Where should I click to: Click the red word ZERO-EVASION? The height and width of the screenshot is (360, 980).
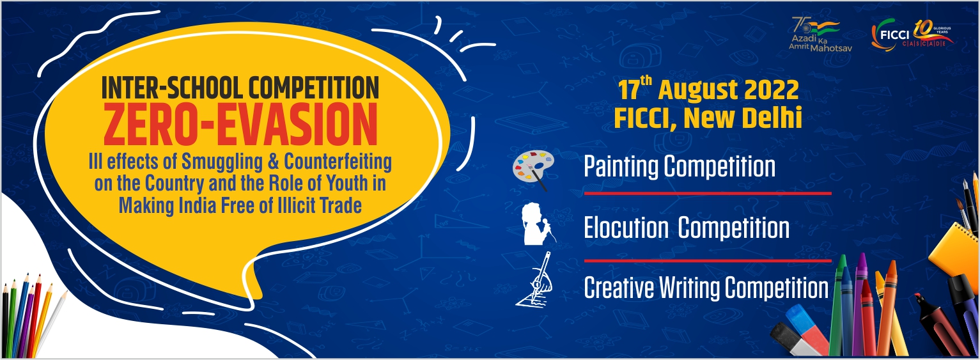pyautogui.click(x=240, y=125)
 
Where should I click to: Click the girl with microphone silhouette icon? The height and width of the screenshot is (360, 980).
pyautogui.click(x=537, y=223)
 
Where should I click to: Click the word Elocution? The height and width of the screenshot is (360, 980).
pyautogui.click(x=626, y=228)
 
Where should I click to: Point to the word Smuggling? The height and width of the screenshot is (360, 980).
pyautogui.click(x=222, y=162)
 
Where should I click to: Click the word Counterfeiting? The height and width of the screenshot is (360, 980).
pyautogui.click(x=338, y=161)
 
